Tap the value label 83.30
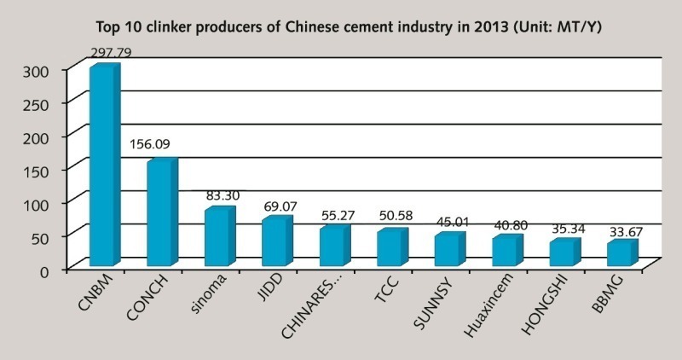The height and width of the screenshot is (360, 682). [223, 195]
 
